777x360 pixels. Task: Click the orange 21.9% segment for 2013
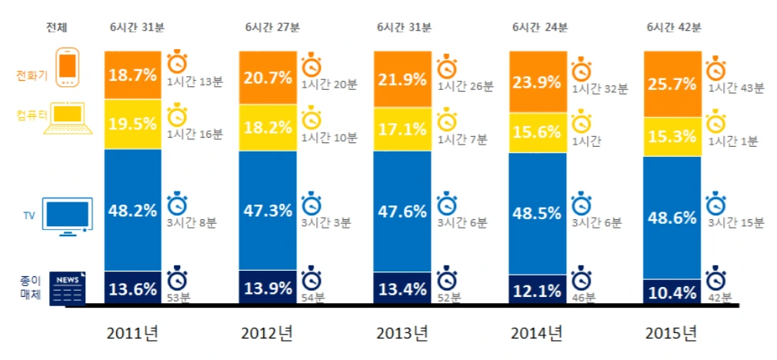pyautogui.click(x=402, y=78)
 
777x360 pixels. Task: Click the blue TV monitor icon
pyautogui.click(x=68, y=215)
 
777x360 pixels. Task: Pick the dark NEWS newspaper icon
pyautogui.click(x=68, y=288)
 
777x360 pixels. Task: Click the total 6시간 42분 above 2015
pyautogui.click(x=674, y=28)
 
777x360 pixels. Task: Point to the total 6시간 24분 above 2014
pyautogui.click(x=539, y=28)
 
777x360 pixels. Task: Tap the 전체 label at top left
pyautogui.click(x=57, y=28)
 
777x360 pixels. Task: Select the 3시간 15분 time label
pyautogui.click(x=735, y=223)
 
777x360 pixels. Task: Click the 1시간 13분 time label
pyautogui.click(x=195, y=83)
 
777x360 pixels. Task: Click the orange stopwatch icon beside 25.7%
pyautogui.click(x=716, y=67)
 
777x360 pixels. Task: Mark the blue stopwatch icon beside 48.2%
pyautogui.click(x=178, y=205)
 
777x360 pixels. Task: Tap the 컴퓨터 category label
pyautogui.click(x=30, y=116)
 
